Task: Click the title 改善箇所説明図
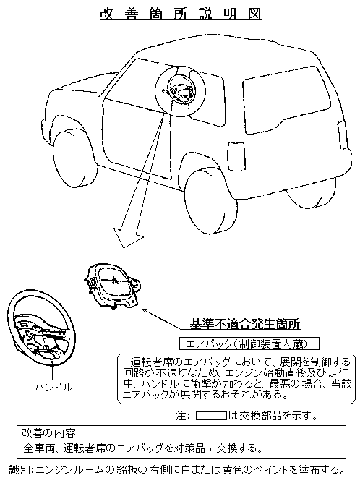(x=181, y=14)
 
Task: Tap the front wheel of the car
(x=72, y=158)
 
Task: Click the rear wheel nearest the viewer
(x=211, y=200)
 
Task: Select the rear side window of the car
(x=286, y=100)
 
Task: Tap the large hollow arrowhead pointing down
(x=129, y=237)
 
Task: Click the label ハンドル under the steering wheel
(x=54, y=388)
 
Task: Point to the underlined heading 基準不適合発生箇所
(x=245, y=324)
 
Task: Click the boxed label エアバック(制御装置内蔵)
(x=249, y=343)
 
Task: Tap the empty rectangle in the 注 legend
(x=211, y=416)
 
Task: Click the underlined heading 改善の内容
(x=48, y=433)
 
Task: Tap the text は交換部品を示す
(x=272, y=416)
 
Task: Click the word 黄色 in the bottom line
(x=233, y=470)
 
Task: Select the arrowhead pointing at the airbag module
(x=146, y=311)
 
